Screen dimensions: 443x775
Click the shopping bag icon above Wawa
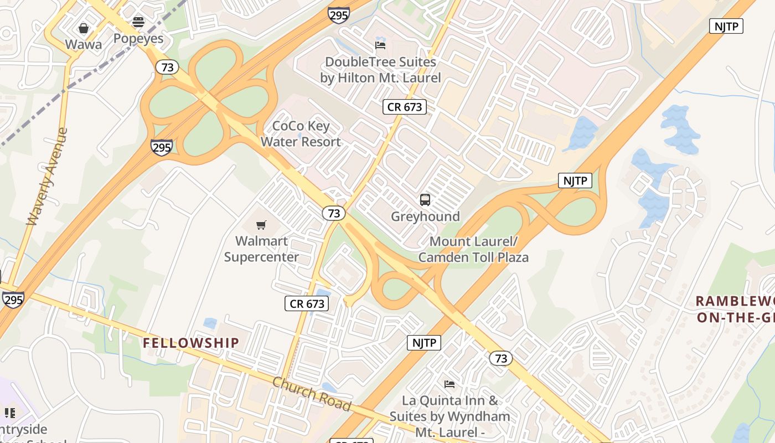click(x=84, y=28)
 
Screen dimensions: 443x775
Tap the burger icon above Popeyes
click(x=138, y=22)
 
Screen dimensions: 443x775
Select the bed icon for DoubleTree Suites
click(x=380, y=45)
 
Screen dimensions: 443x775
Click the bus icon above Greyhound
click(x=425, y=200)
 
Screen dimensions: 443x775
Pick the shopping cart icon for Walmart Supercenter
click(x=261, y=225)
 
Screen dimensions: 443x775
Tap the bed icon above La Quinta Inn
click(x=449, y=384)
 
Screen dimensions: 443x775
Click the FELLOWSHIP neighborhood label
click(x=191, y=343)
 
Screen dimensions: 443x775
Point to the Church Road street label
click(x=312, y=394)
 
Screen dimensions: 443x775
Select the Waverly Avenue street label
click(x=48, y=177)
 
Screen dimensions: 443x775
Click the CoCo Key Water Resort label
click(x=301, y=134)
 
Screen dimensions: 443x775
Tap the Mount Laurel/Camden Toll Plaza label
click(x=473, y=250)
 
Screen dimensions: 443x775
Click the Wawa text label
click(x=84, y=44)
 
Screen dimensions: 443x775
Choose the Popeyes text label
click(x=138, y=38)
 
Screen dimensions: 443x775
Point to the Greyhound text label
click(x=425, y=217)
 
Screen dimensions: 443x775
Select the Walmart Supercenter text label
click(x=261, y=249)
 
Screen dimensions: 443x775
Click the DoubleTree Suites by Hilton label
click(x=380, y=70)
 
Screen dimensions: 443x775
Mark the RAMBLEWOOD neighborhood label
click(x=735, y=310)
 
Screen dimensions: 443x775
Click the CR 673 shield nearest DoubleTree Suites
click(x=405, y=107)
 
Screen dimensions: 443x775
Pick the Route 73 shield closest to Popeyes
click(x=167, y=68)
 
